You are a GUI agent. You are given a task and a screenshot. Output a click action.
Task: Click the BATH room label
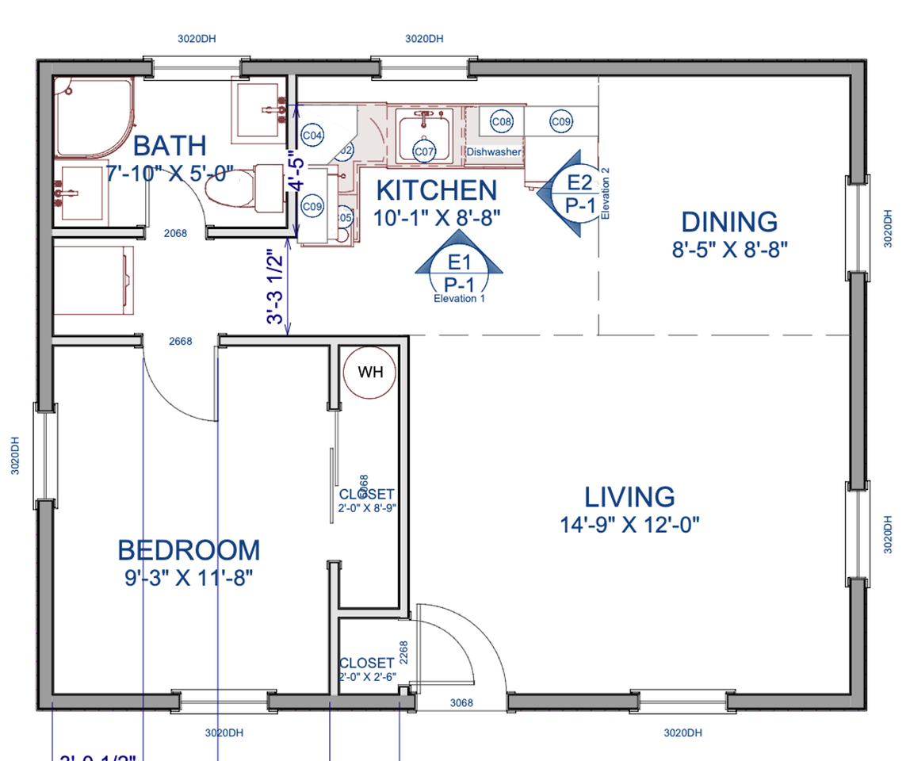click(x=169, y=146)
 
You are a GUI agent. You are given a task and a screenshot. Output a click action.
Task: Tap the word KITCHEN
click(x=436, y=190)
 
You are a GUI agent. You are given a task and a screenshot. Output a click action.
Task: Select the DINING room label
click(x=729, y=222)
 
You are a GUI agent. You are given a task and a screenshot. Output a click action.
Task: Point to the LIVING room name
click(x=629, y=497)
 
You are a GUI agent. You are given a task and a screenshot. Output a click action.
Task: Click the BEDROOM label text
click(x=189, y=550)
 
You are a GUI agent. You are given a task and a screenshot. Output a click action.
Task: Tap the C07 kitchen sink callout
click(x=424, y=151)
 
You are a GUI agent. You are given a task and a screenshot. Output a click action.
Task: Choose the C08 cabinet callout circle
click(x=501, y=122)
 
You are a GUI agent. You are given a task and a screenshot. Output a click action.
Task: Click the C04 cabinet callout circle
click(x=313, y=136)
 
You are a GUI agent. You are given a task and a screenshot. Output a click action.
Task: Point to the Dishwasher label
click(x=494, y=151)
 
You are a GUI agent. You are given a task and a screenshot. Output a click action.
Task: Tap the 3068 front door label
click(x=461, y=702)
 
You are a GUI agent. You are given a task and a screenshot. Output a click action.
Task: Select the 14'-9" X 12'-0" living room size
click(x=629, y=524)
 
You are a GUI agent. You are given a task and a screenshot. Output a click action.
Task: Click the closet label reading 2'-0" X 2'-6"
click(x=367, y=677)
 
